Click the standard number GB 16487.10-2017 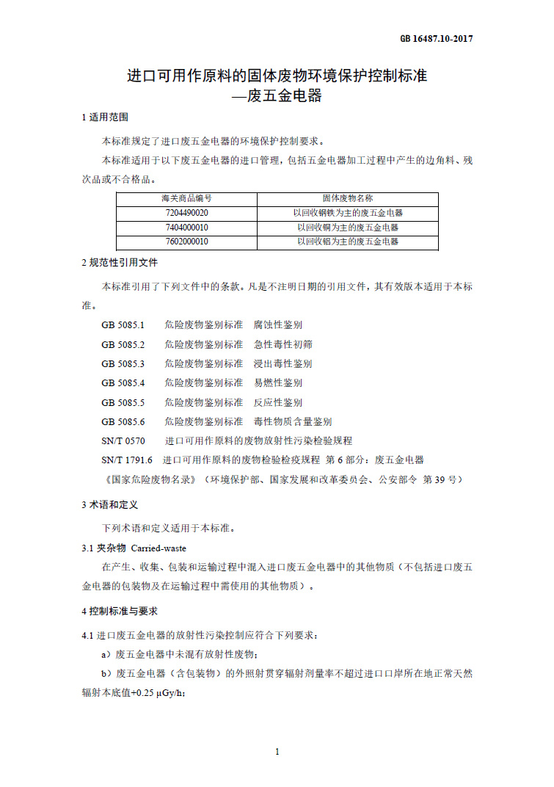(436, 39)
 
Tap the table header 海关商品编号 (186, 198)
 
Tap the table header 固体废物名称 (348, 198)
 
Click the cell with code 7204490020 (186, 213)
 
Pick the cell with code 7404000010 (186, 227)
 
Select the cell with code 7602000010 (186, 242)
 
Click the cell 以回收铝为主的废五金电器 (348, 242)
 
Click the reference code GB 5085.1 (123, 324)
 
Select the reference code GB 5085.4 (123, 382)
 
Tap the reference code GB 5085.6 (123, 421)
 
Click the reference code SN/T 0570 (123, 440)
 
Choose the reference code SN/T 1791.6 (126, 460)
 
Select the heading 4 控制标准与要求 (119, 611)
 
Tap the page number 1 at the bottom (277, 751)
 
